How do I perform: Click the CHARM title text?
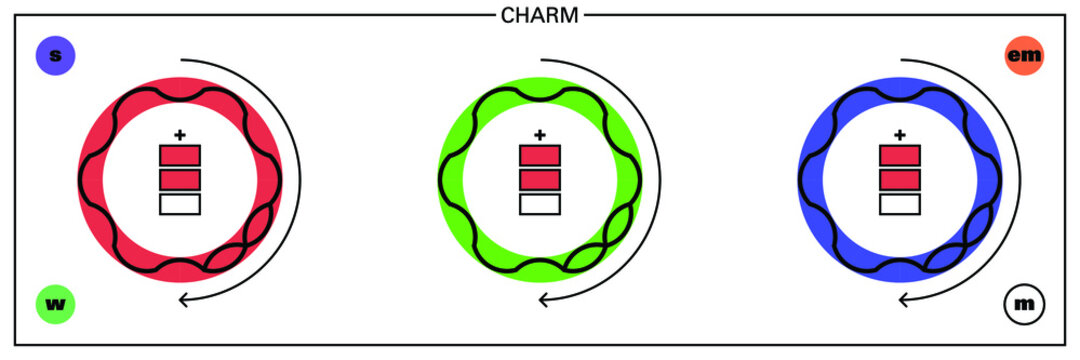(540, 15)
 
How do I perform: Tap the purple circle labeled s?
(55, 56)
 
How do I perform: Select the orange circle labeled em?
(1024, 56)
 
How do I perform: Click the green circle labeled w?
(55, 303)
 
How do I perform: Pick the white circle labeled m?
(1024, 303)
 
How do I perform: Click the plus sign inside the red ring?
(180, 134)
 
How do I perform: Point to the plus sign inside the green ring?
(540, 134)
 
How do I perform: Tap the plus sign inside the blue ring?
(900, 134)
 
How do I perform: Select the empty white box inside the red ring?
(180, 204)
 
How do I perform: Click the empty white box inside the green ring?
(540, 204)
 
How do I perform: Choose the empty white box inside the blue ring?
(900, 204)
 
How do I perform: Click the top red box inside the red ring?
(180, 156)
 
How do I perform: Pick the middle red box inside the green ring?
(540, 180)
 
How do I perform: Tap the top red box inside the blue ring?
(900, 156)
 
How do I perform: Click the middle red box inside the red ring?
(180, 180)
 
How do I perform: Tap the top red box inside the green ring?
(540, 156)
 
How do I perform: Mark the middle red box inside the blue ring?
(900, 180)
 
